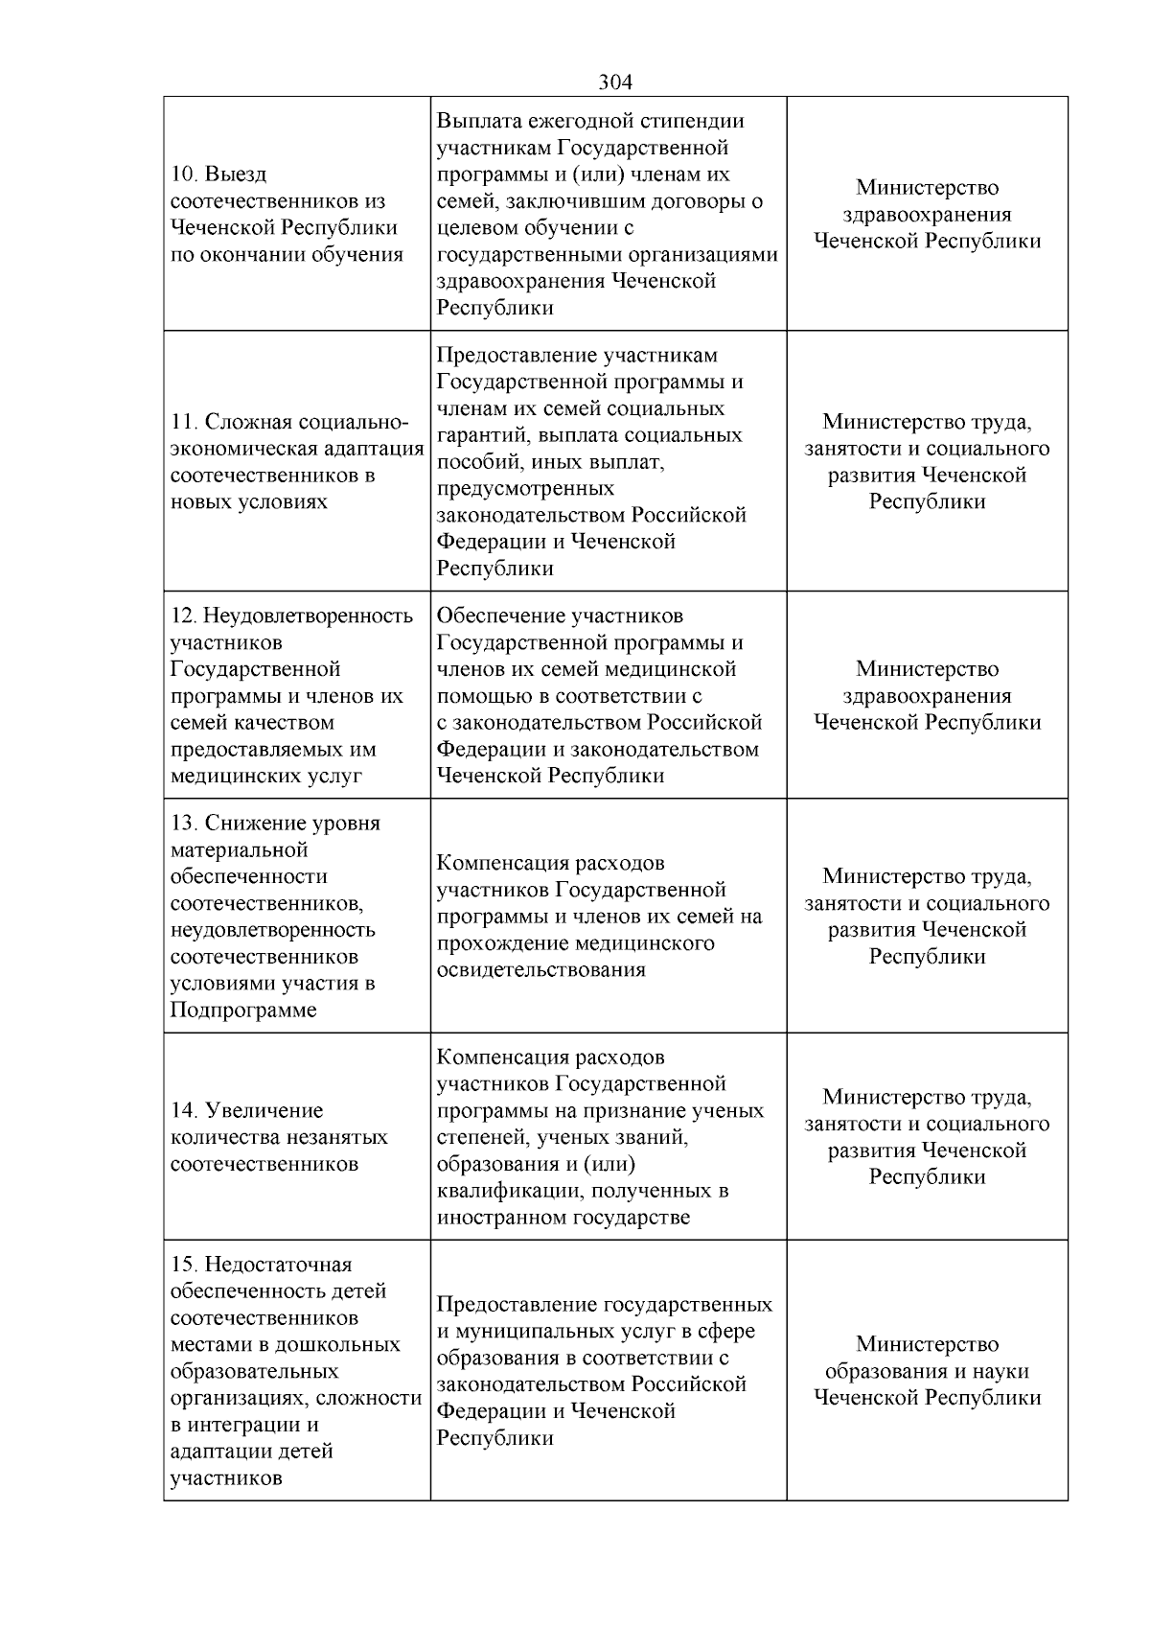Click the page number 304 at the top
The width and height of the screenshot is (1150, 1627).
click(615, 82)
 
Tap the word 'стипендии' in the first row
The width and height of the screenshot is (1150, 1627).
click(693, 121)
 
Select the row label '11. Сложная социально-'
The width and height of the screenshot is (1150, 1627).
click(289, 423)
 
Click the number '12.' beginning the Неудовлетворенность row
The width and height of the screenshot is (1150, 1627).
click(183, 616)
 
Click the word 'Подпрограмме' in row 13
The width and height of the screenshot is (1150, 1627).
click(243, 1011)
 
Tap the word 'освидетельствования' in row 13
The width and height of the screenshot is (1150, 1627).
click(540, 969)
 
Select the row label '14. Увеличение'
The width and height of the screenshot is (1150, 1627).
click(247, 1110)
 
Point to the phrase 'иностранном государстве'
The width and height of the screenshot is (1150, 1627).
click(563, 1218)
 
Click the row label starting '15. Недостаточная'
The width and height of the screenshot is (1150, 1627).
click(262, 1265)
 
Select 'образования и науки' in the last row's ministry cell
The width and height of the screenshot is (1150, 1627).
click(927, 1371)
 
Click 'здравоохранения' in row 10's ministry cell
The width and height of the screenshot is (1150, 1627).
click(927, 215)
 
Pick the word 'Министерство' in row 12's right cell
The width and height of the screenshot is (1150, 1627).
click(927, 669)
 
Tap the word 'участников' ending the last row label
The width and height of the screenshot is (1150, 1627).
click(226, 1477)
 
